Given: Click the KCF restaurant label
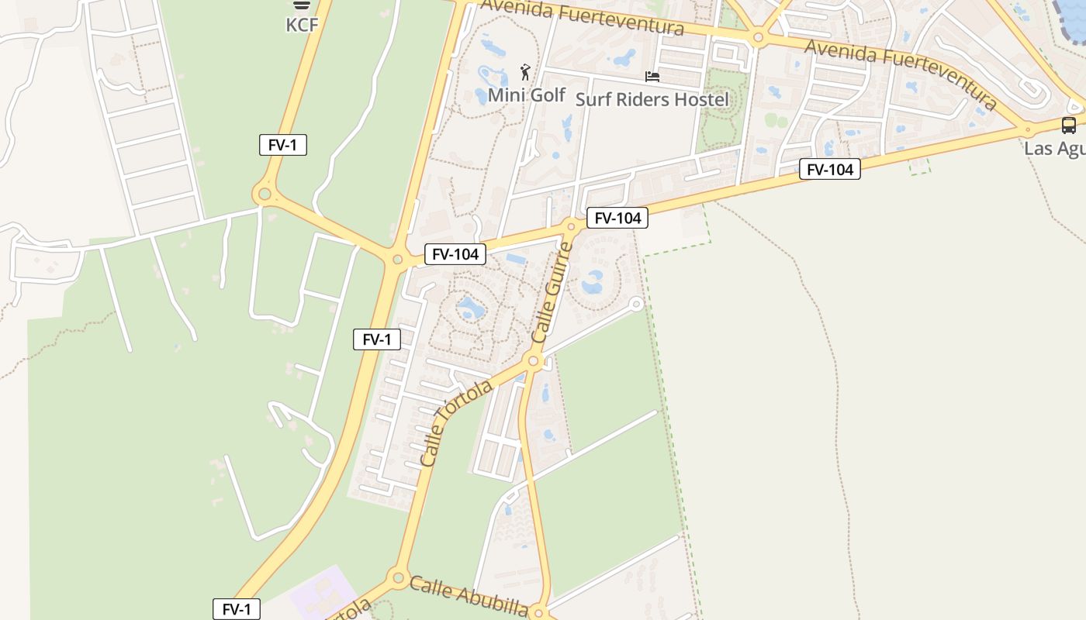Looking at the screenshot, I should click(302, 25).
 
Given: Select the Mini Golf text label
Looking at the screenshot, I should click(526, 95).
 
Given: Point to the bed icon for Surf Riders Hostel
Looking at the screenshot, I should click(652, 77).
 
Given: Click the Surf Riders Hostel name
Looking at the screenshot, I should click(652, 99).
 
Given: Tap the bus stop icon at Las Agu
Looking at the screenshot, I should click(1068, 125).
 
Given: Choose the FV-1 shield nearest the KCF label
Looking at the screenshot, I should click(283, 145).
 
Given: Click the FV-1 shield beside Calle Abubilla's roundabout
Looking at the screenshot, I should click(237, 609).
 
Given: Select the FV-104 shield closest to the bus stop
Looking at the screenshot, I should click(829, 169).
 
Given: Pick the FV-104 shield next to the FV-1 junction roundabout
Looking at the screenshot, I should click(455, 253).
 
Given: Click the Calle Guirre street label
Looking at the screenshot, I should click(552, 293).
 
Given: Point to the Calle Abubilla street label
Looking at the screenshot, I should click(469, 595).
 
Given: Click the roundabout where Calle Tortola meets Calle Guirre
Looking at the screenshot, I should click(533, 360).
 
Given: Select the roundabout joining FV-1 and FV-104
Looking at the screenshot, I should click(398, 260).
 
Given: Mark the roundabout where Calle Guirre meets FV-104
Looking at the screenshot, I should click(571, 227).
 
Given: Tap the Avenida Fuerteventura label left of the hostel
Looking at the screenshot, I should click(582, 17).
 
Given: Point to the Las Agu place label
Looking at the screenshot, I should click(1055, 148).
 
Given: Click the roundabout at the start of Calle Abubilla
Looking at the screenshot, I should click(399, 577).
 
